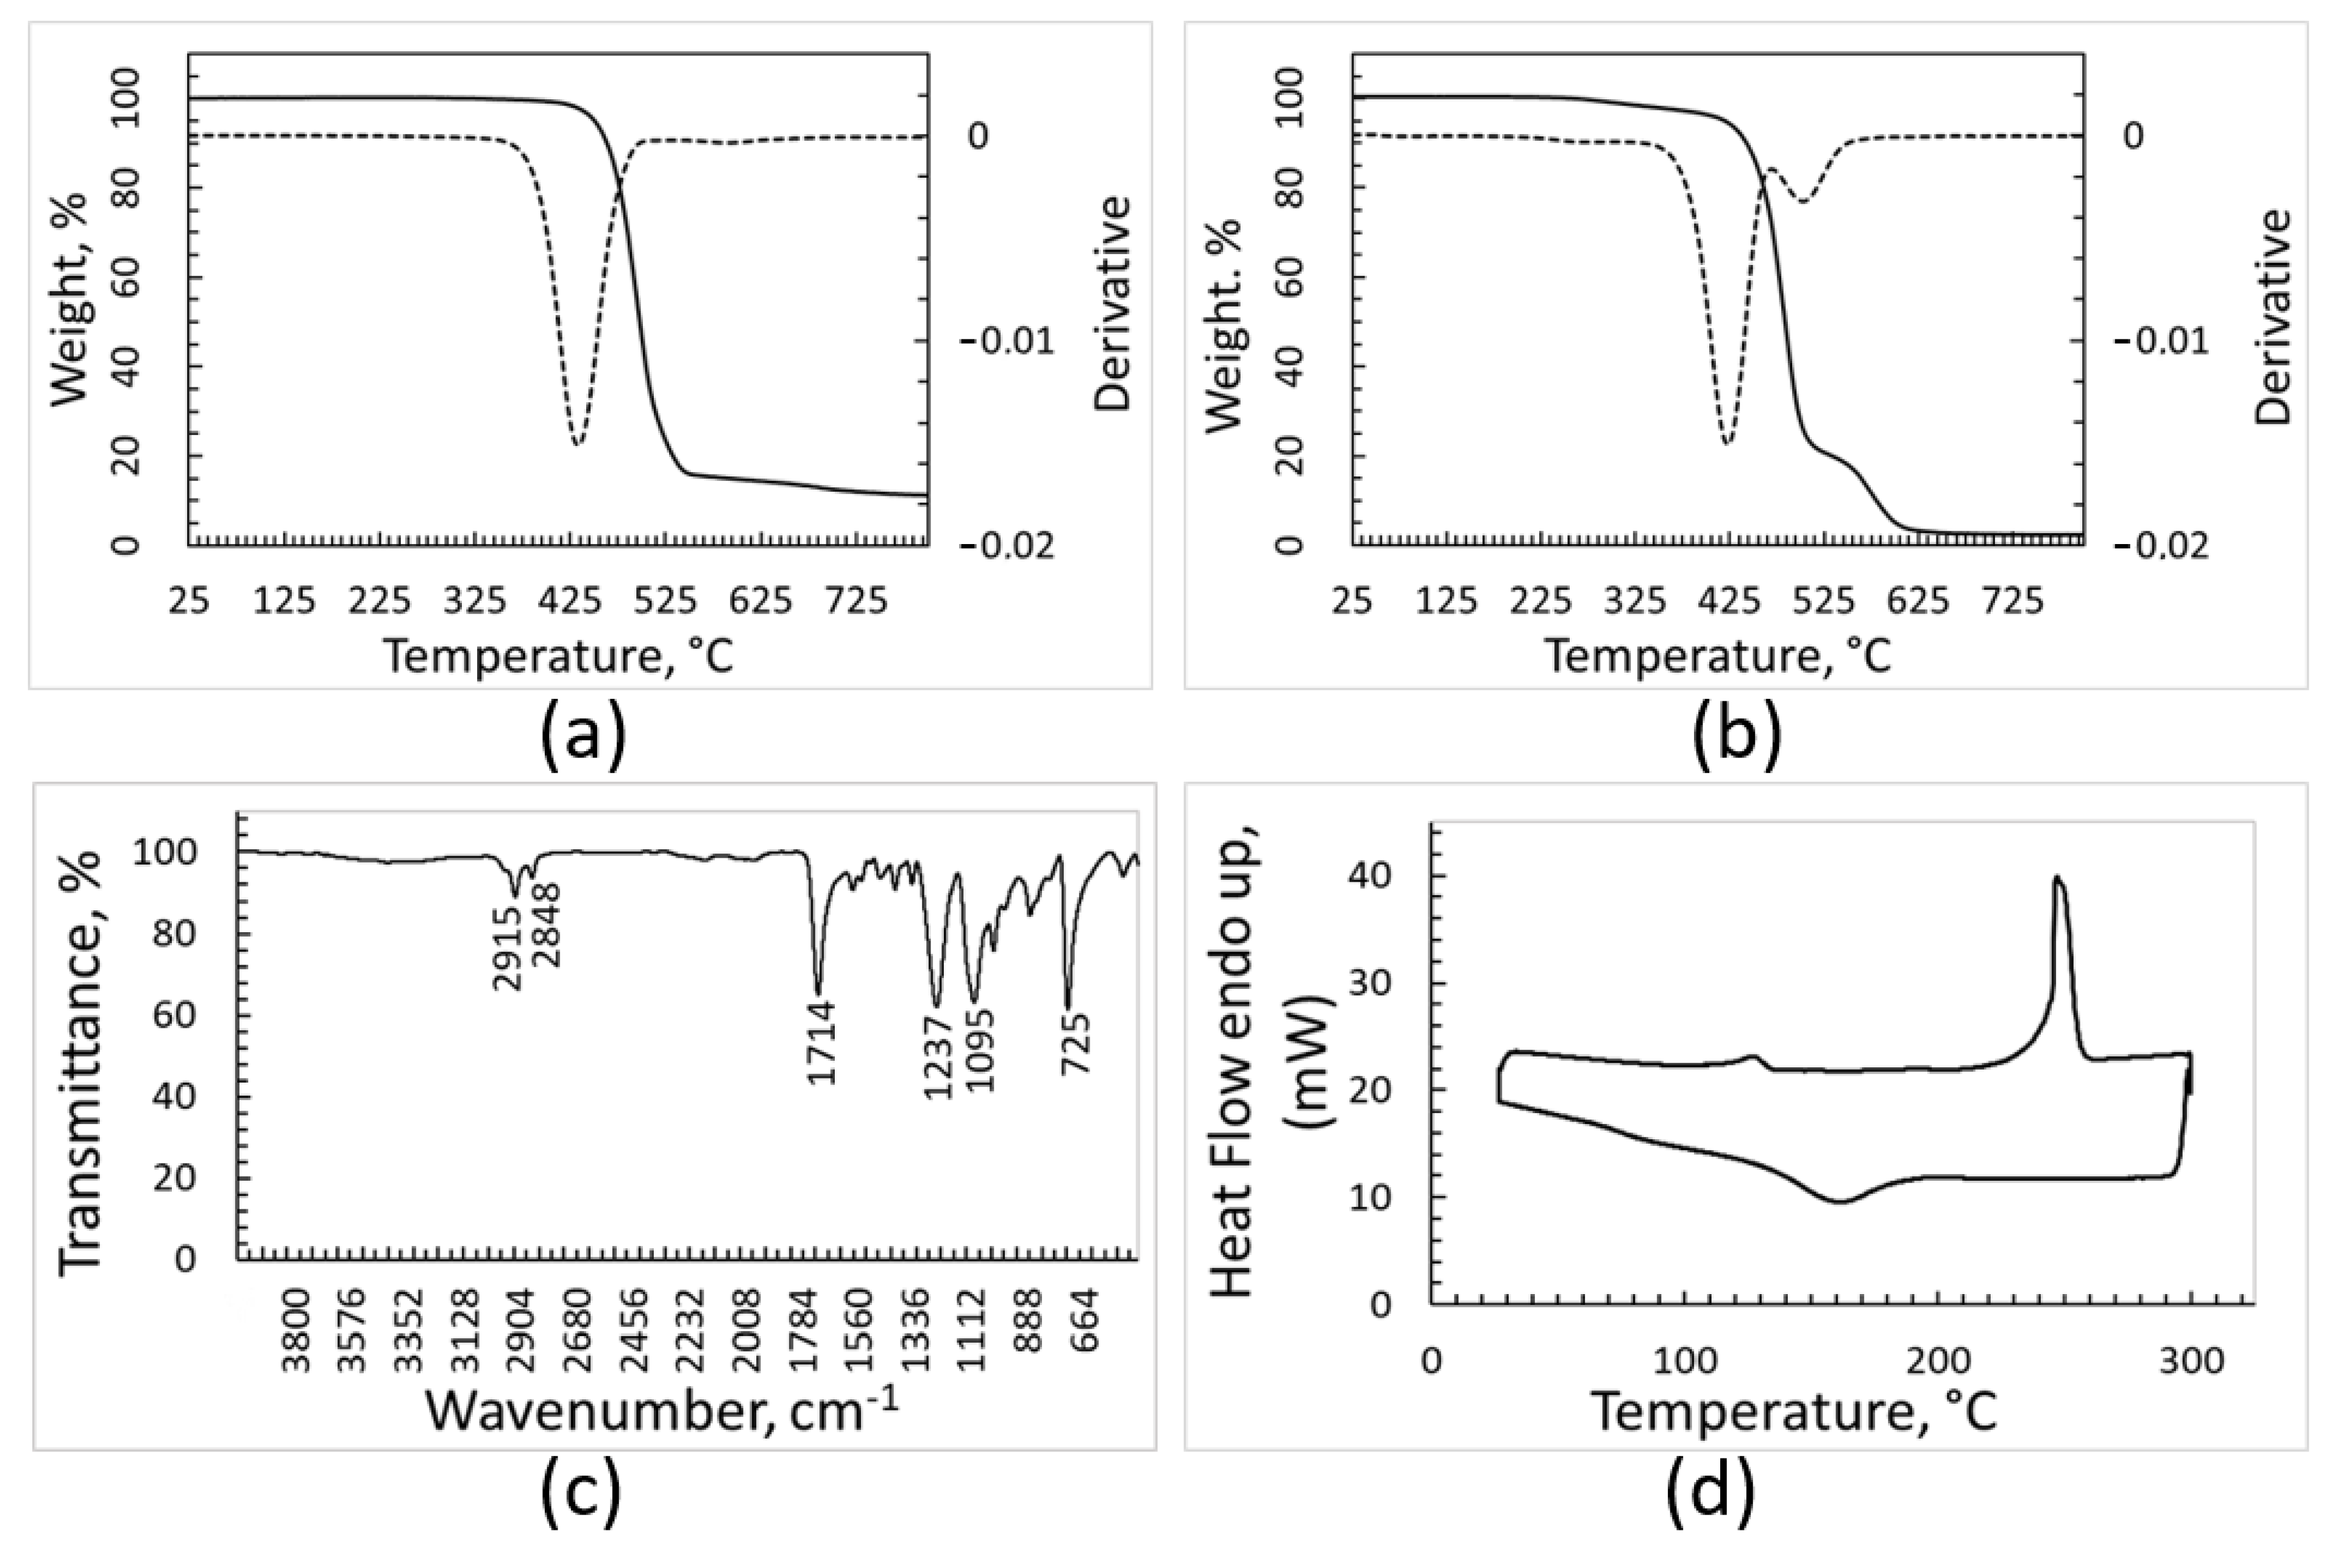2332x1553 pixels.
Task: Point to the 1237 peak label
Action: point(937,1056)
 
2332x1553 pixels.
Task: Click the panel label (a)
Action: point(584,739)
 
